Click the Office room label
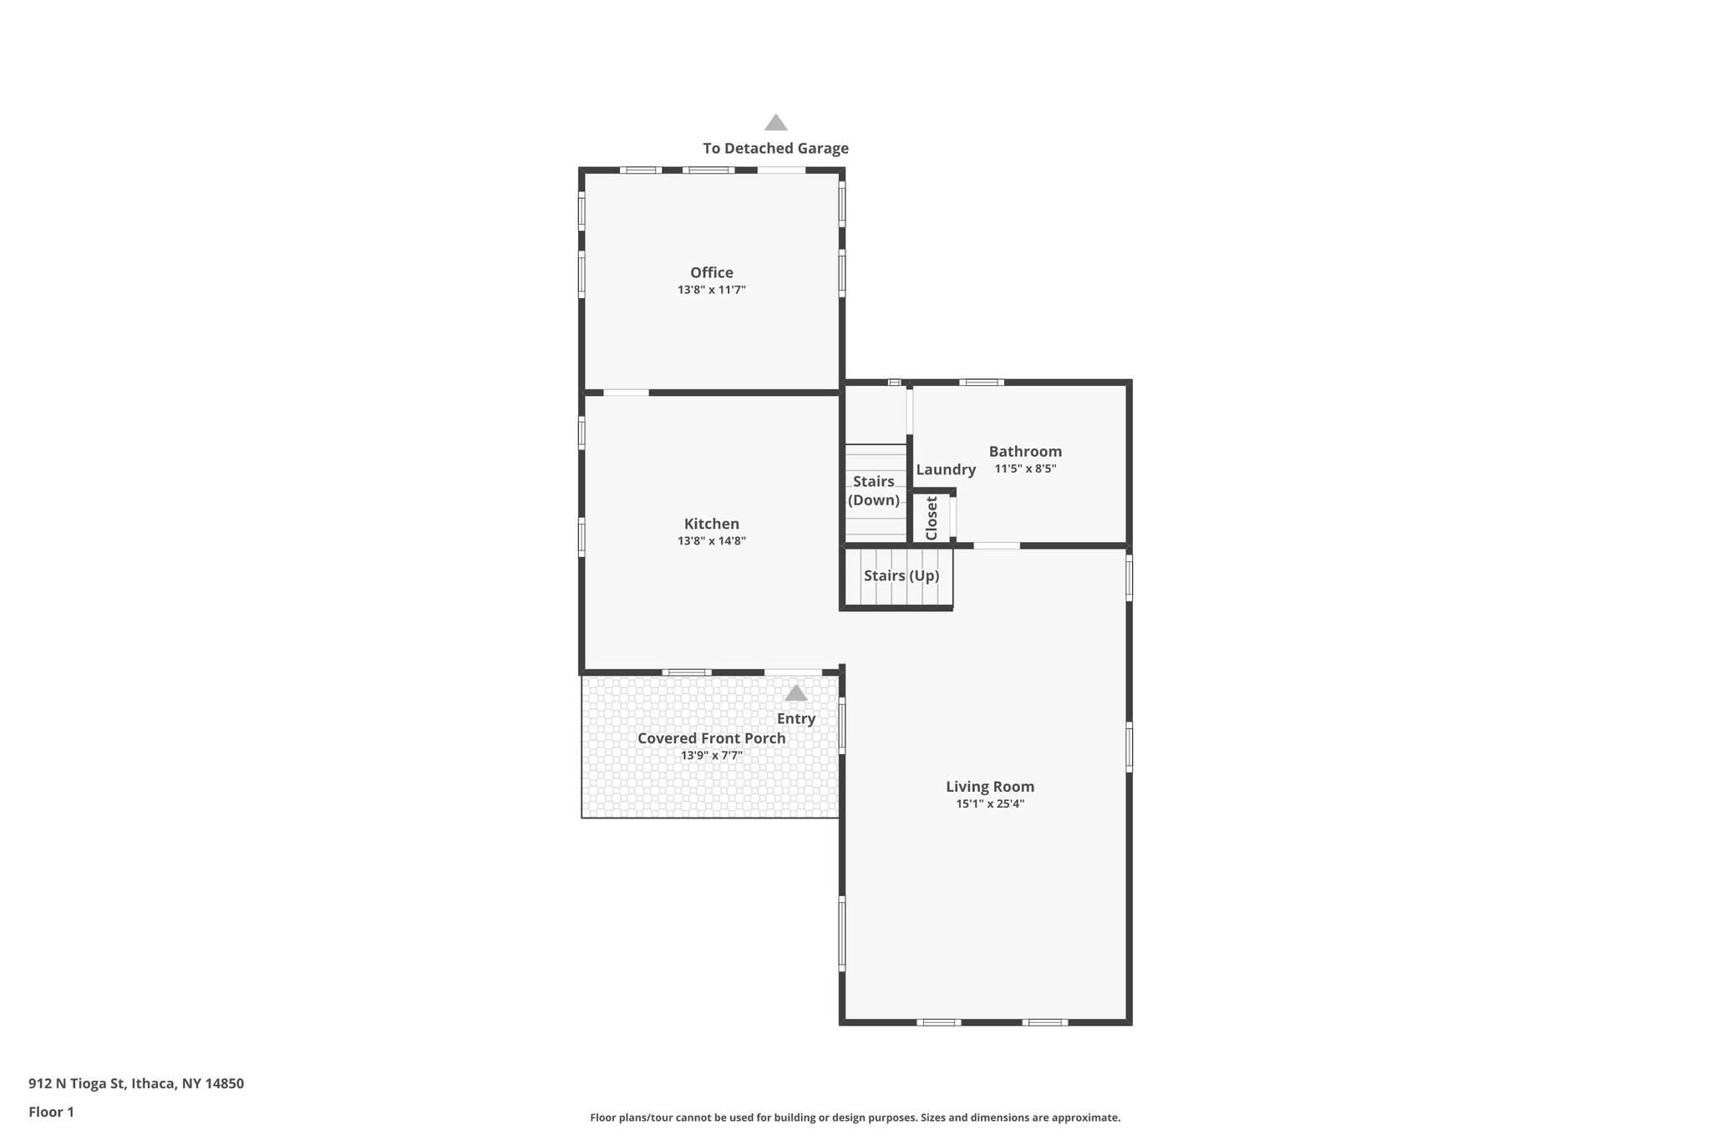click(x=711, y=272)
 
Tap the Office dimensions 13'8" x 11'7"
click(x=711, y=290)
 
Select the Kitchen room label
click(x=711, y=524)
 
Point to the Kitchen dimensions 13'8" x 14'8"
click(x=711, y=541)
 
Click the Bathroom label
click(x=1025, y=451)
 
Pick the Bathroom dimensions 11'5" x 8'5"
click(x=1025, y=469)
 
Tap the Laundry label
click(x=945, y=469)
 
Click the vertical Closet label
click(x=932, y=518)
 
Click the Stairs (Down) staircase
click(x=874, y=491)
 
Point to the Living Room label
click(x=989, y=786)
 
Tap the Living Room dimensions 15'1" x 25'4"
click(x=989, y=804)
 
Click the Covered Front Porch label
click(x=711, y=738)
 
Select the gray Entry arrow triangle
click(x=795, y=693)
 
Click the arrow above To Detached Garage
click(x=775, y=123)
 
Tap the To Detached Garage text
click(x=775, y=149)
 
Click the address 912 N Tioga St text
click(x=136, y=1083)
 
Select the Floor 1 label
click(x=51, y=1112)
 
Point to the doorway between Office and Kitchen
click(x=626, y=393)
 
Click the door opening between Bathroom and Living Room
click(x=996, y=546)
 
